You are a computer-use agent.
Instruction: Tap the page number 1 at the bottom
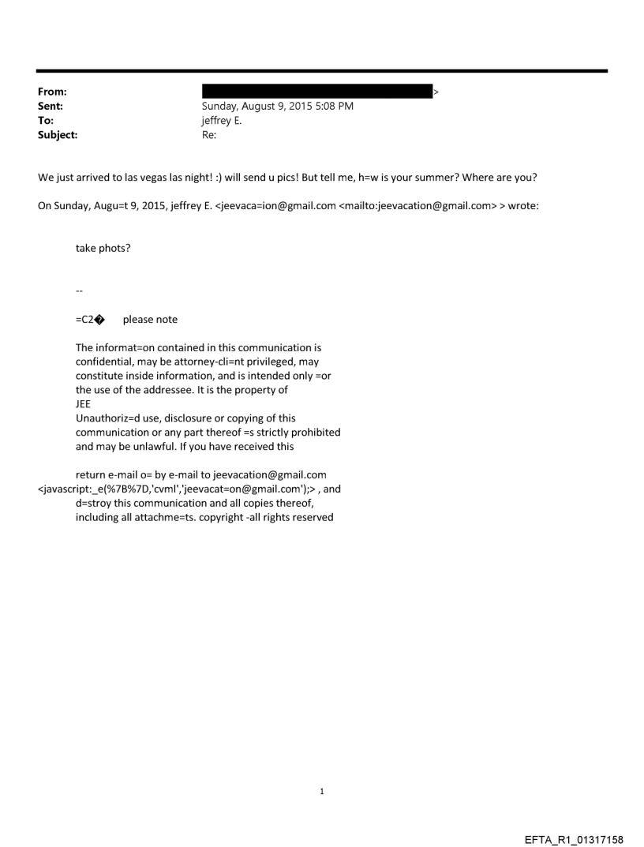[322, 791]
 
